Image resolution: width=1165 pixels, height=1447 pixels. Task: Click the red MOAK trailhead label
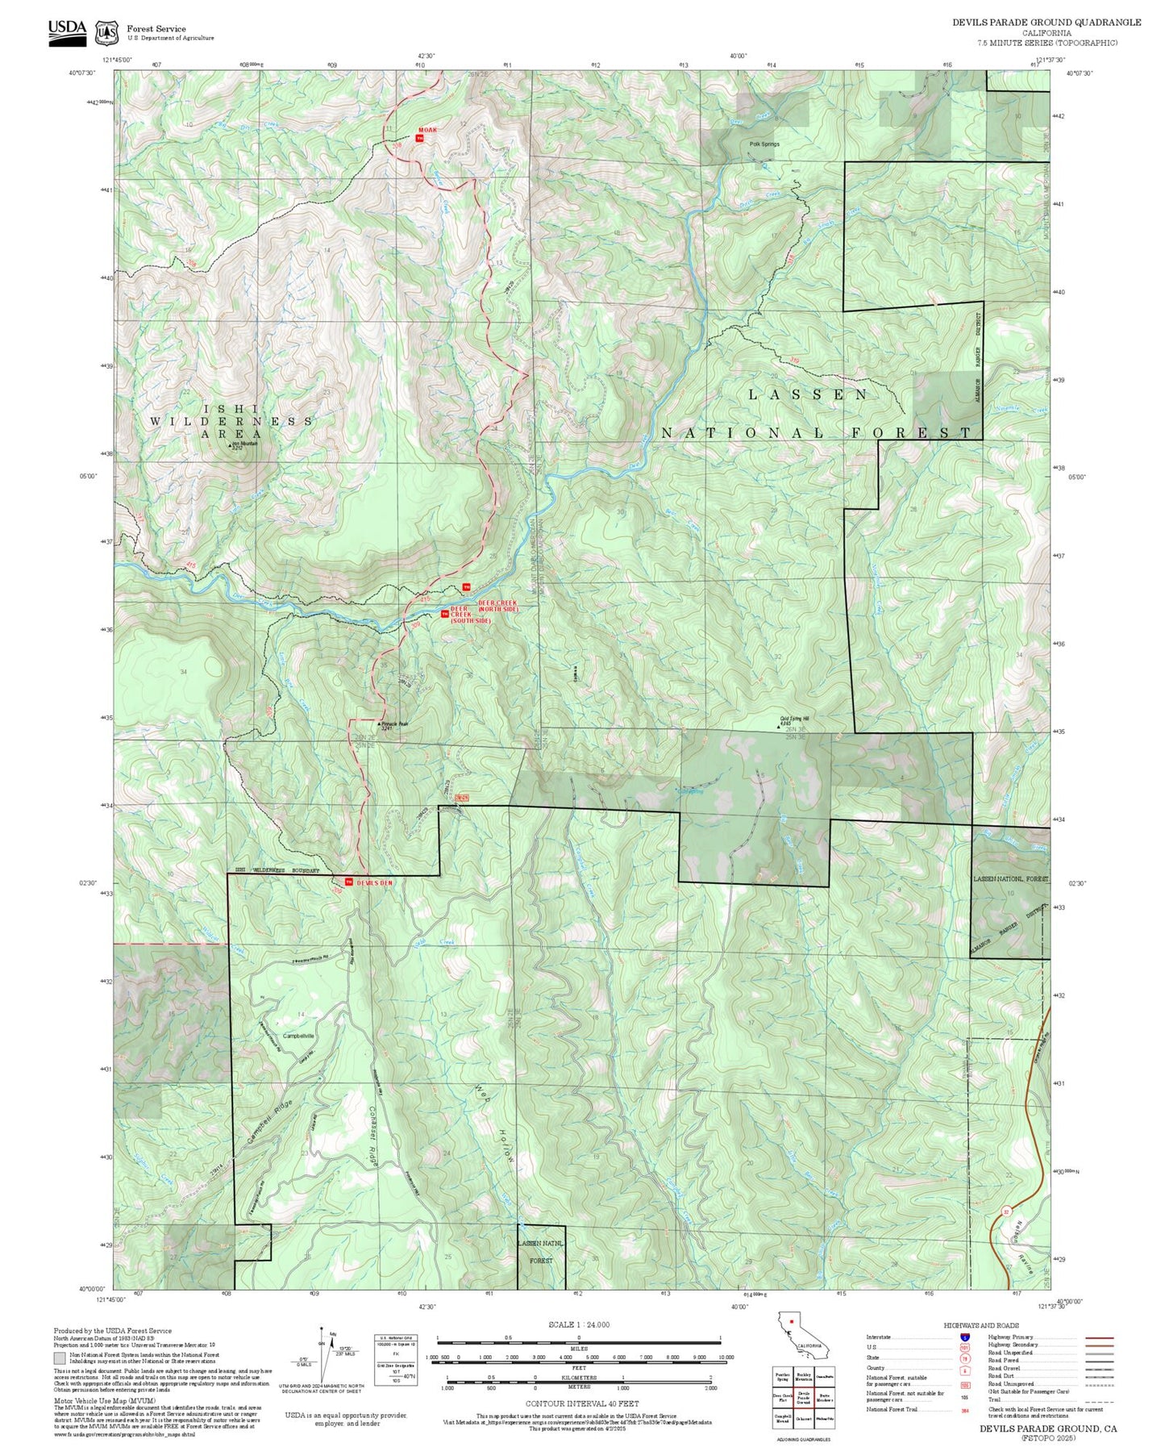coord(427,130)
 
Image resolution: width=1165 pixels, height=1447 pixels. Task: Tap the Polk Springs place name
coord(764,144)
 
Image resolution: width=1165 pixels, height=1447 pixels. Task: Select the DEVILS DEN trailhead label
coord(374,883)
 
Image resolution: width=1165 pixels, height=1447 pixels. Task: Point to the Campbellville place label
coord(299,1036)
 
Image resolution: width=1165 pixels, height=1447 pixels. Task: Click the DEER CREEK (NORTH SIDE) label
coord(497,606)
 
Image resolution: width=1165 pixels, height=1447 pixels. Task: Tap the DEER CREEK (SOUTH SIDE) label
coord(470,615)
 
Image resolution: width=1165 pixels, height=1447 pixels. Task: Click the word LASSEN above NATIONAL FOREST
coord(808,394)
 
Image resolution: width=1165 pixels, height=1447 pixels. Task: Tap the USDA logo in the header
coord(67,31)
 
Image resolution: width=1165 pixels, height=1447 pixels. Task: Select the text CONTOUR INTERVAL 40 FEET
coord(581,1404)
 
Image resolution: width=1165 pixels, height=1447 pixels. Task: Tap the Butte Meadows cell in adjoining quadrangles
coord(824,1398)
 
